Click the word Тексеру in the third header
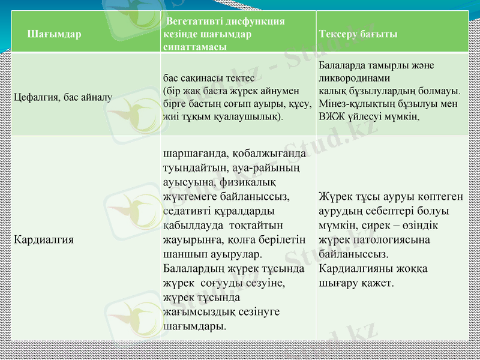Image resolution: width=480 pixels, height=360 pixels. coord(339,34)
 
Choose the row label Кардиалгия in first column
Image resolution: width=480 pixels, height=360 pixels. coord(44,239)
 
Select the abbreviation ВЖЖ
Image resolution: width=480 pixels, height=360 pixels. coord(331,116)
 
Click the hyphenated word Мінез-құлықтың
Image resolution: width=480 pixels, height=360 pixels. coord(354,104)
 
